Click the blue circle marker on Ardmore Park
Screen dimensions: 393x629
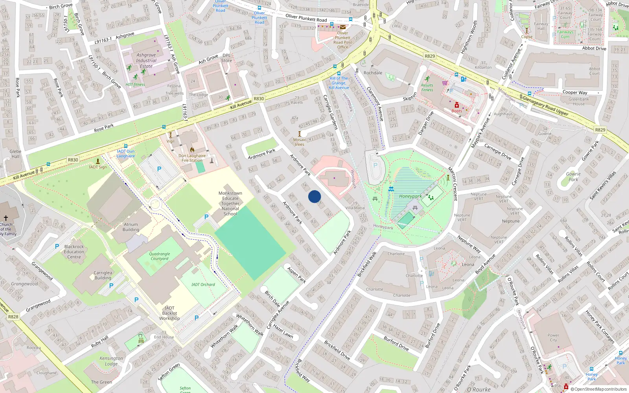coord(314,196)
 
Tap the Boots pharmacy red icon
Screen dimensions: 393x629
coord(457,105)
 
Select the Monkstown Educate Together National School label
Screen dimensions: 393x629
coord(230,204)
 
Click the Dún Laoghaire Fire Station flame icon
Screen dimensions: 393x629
coord(192,150)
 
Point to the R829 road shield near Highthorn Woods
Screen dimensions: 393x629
coord(430,56)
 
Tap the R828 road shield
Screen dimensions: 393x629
coord(13,316)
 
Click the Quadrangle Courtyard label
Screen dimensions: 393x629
coord(160,256)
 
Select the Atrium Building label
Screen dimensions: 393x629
coord(131,227)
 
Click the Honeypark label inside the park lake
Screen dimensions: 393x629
coord(410,196)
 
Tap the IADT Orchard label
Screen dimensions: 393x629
coord(203,285)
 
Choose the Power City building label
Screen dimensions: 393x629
coord(553,338)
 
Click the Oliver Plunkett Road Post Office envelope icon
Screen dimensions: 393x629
coord(343,27)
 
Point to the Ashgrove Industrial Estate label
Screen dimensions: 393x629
coord(146,61)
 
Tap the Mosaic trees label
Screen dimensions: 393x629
coord(300,142)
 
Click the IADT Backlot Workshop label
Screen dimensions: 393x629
coord(169,313)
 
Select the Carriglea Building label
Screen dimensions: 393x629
coord(103,275)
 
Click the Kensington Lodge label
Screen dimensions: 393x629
coord(111,361)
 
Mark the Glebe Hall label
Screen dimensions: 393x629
coord(15,154)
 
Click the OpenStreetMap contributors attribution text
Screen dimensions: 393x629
coord(600,389)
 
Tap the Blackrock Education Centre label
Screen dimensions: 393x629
coord(74,252)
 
